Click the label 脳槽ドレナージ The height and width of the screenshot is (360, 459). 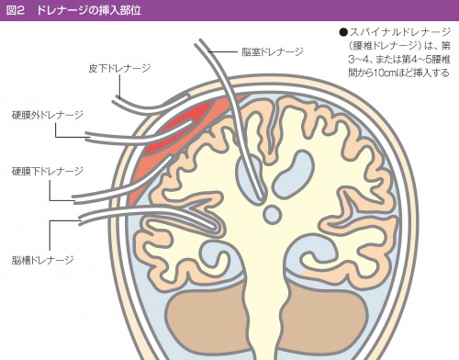[x=43, y=260]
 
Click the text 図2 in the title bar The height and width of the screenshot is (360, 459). [x=17, y=9]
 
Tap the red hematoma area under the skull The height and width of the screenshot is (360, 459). [x=165, y=138]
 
